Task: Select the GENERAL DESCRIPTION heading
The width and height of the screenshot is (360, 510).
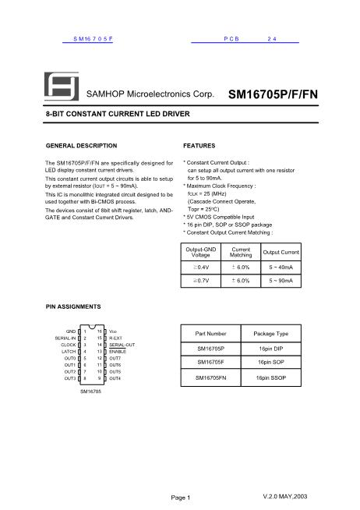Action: point(82,146)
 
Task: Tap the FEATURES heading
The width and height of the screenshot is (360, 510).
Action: point(199,146)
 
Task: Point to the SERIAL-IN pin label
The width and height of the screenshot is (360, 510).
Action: point(65,338)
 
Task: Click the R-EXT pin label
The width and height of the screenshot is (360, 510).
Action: point(116,338)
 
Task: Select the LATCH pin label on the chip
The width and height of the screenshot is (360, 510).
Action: point(69,352)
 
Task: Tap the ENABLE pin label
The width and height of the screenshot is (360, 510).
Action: point(117,352)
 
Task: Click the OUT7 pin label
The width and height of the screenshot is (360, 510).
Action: point(115,358)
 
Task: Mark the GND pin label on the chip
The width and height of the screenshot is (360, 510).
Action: point(71,331)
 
